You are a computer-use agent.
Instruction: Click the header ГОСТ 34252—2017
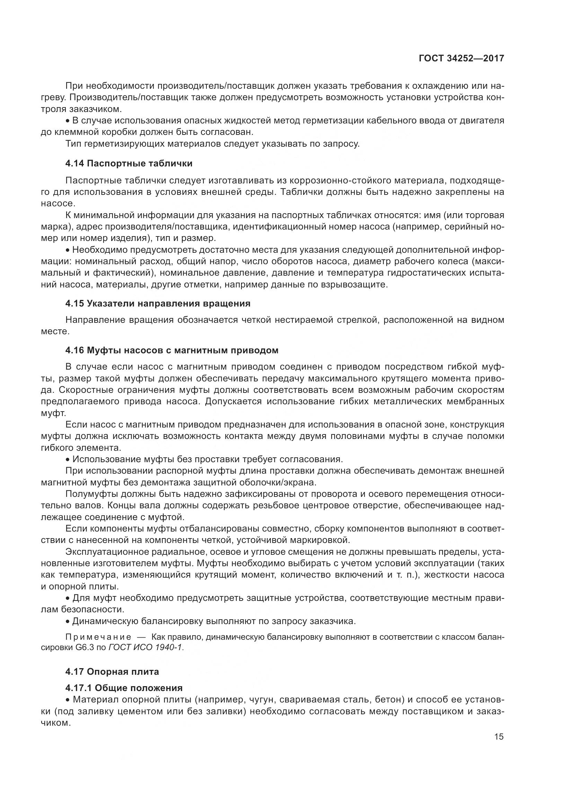coord(461,59)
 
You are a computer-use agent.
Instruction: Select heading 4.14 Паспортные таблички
coord(129,163)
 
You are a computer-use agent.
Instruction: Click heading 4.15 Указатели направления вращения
coord(158,303)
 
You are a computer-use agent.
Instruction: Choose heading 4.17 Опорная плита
coord(112,672)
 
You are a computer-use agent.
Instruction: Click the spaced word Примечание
coord(98,637)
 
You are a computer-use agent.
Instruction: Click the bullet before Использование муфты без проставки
coord(68,459)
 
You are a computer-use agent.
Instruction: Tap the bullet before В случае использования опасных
coord(68,121)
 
